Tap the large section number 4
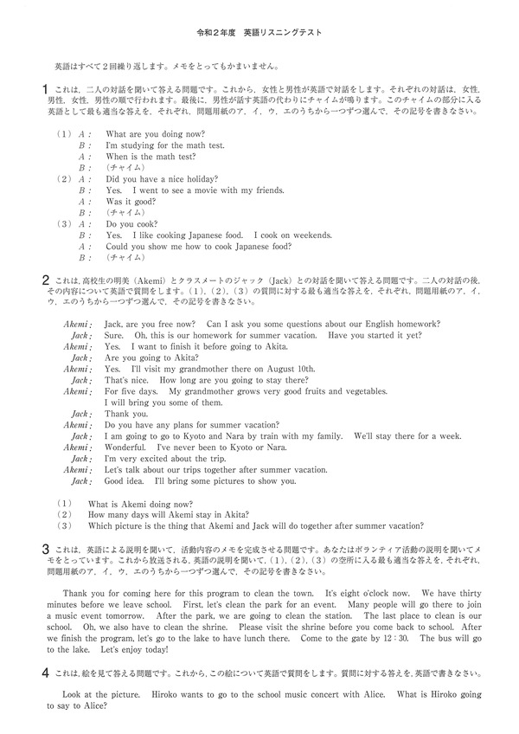pos(45,673)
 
